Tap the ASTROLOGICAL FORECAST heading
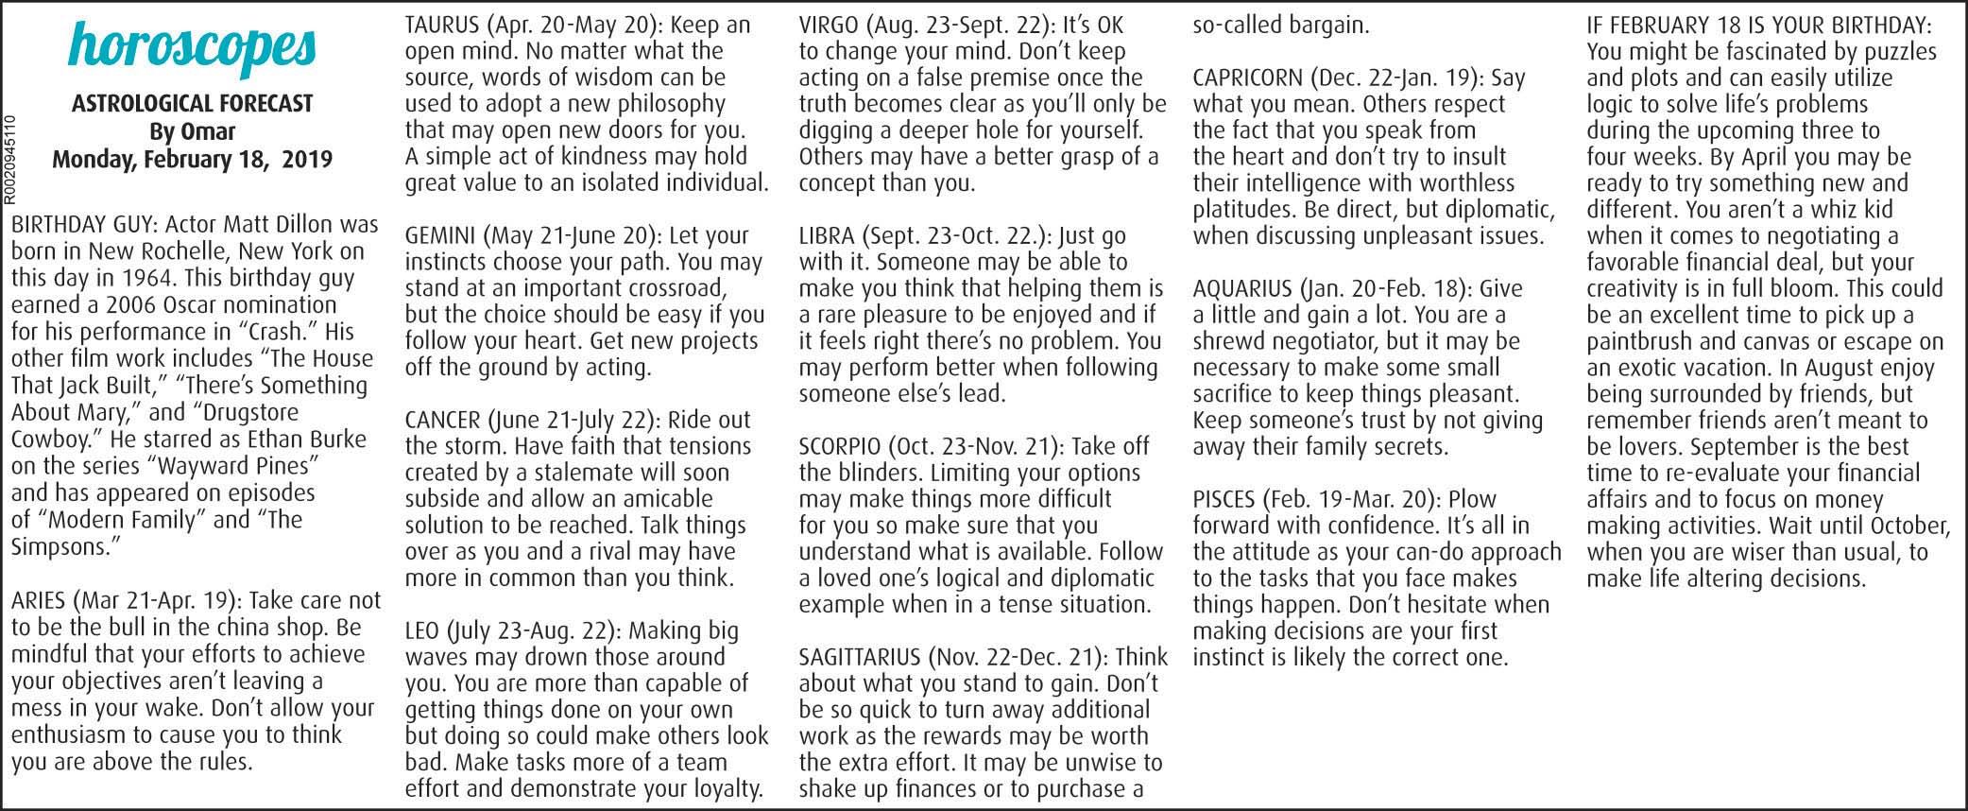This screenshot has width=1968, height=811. click(x=192, y=104)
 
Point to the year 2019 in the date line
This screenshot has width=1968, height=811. click(x=305, y=159)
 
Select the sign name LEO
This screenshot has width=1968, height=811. click(x=420, y=630)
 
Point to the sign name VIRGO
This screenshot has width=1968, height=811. click(x=829, y=25)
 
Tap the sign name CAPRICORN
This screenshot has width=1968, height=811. click(x=1245, y=78)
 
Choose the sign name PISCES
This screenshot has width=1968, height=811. click(x=1224, y=499)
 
